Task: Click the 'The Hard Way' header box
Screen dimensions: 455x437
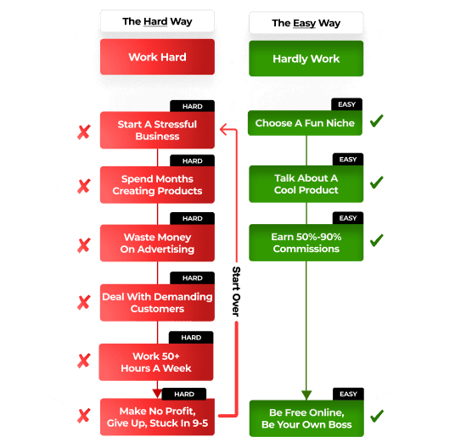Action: (157, 21)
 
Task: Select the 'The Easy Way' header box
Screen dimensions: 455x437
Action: (306, 23)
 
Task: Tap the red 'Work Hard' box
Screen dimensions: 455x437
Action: (157, 57)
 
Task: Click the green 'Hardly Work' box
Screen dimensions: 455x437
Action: (306, 59)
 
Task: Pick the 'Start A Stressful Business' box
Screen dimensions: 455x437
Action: (157, 130)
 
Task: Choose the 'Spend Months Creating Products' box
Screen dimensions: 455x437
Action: (157, 185)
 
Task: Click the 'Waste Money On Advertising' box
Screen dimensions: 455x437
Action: (157, 243)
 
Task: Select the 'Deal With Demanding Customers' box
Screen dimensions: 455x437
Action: (157, 302)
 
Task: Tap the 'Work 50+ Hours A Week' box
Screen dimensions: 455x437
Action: (156, 362)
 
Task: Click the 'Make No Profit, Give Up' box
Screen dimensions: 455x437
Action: (157, 417)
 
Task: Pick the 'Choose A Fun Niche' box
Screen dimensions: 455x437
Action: (305, 123)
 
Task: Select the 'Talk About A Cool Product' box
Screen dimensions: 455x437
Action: (306, 184)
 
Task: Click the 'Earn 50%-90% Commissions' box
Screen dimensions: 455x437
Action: (306, 243)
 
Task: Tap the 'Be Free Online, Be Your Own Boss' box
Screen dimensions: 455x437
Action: (306, 418)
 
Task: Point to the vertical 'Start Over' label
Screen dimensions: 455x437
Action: (236, 291)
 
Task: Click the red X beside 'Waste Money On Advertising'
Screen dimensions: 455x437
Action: (84, 245)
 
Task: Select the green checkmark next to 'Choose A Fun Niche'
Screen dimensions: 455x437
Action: (377, 121)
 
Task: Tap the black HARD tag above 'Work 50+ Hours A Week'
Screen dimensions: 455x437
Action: (191, 338)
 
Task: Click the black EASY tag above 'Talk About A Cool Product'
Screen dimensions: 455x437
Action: (348, 160)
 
